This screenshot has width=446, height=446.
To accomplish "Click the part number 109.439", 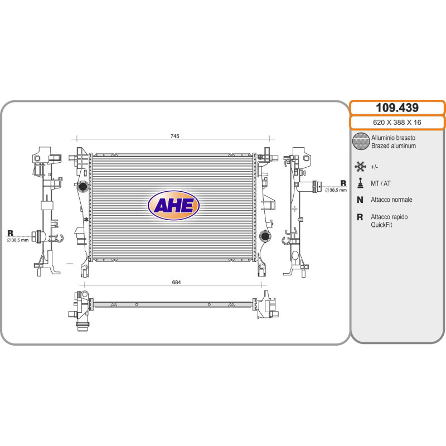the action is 397,108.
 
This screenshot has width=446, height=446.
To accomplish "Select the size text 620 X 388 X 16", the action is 397,123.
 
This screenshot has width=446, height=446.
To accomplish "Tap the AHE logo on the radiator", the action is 173,205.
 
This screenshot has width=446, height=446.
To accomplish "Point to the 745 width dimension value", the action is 174,136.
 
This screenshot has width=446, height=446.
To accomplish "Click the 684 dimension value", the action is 176,282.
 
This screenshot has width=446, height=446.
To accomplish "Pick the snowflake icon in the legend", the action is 360,167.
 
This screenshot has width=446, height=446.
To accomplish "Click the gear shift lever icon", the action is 361,183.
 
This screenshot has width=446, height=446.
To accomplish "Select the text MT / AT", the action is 381,183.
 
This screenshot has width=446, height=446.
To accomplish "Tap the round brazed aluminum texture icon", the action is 361,141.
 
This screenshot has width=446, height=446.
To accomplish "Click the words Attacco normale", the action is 391,200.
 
